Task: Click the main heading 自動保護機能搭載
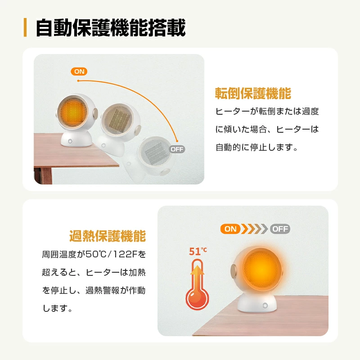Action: coord(111,28)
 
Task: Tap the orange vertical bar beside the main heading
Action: coord(25,27)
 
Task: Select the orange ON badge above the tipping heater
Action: coord(79,72)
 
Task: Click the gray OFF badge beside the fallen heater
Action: coord(177,149)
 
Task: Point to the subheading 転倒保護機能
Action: coord(253,94)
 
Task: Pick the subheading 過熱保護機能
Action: coord(108,236)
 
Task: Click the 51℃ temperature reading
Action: coord(198,251)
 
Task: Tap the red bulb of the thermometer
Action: coord(197,297)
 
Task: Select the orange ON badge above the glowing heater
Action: coord(230,229)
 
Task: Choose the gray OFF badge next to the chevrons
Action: coord(280,229)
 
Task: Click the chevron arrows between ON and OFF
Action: coord(255,229)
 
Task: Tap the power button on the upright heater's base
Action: coord(70,141)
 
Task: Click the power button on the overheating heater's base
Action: coord(265,306)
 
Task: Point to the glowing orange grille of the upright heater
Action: coord(73,112)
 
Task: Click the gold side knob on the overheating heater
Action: coord(234,271)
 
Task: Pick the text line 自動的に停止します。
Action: coord(256,147)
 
